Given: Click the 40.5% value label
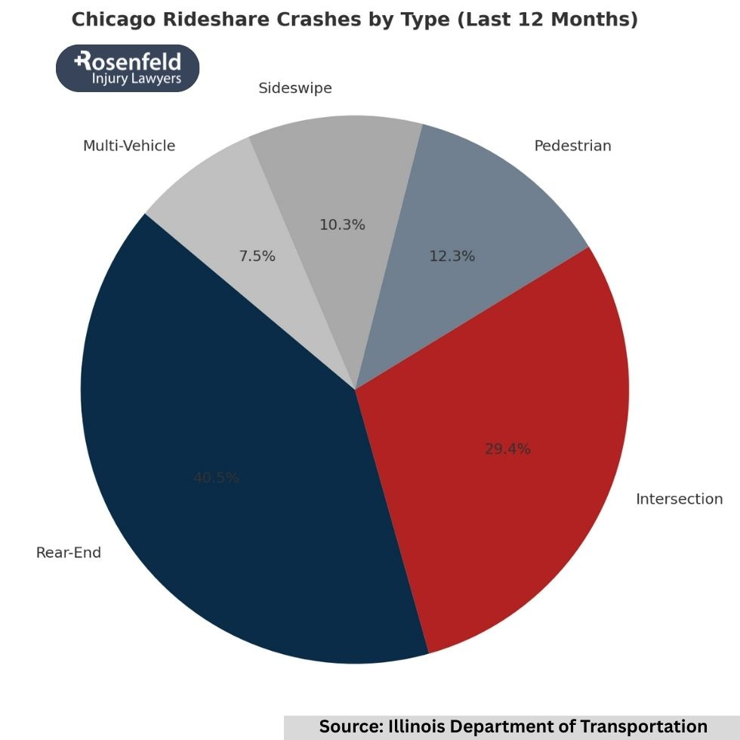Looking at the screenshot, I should pos(216,478).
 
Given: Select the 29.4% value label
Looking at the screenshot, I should pos(507,449).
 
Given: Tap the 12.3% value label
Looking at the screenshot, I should pos(452,257).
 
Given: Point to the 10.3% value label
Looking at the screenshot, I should pos(342,225).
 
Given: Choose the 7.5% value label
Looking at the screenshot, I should pos(257,257).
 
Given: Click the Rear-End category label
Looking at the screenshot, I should pos(69,553).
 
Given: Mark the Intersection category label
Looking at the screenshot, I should pos(679,499).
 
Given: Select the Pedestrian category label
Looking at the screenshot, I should pos(572,146).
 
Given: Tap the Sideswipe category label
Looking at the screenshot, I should pos(295,88).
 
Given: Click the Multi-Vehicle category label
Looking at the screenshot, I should pos(129,146).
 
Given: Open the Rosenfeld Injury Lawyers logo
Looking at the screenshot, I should pos(128,68).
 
